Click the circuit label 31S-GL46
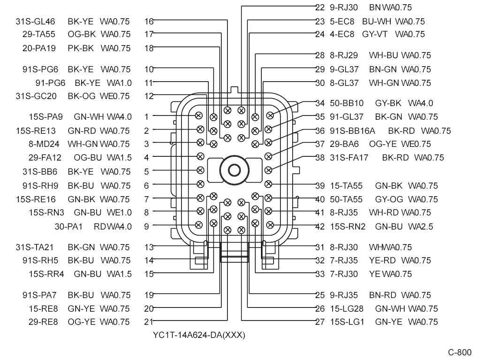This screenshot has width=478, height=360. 35,22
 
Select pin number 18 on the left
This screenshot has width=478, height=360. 149,48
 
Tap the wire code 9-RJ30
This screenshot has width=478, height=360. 343,8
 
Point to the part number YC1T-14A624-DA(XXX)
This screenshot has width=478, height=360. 199,335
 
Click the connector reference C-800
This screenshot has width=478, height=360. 459,352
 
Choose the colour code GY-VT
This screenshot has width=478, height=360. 375,34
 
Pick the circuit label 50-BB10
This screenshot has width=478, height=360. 347,103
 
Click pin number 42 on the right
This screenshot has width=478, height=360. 320,226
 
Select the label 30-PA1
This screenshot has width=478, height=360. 68,226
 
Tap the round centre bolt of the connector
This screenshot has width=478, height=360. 234,170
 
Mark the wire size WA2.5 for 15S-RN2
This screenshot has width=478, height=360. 420,226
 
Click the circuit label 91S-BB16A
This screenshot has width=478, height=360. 352,131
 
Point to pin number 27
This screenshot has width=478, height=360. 320,322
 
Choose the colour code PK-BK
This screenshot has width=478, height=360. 81,48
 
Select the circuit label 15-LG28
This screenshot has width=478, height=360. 347,309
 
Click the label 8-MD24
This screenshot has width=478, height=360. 44,144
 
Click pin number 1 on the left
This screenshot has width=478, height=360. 147,116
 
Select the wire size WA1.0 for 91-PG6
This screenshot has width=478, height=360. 119,83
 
